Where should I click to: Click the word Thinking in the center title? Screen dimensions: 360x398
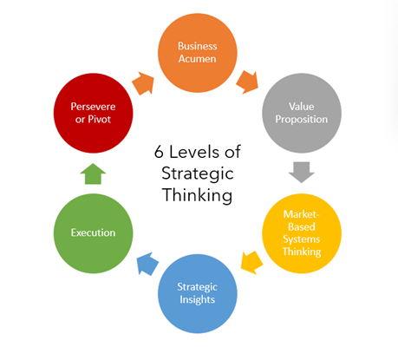click(x=198, y=195)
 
